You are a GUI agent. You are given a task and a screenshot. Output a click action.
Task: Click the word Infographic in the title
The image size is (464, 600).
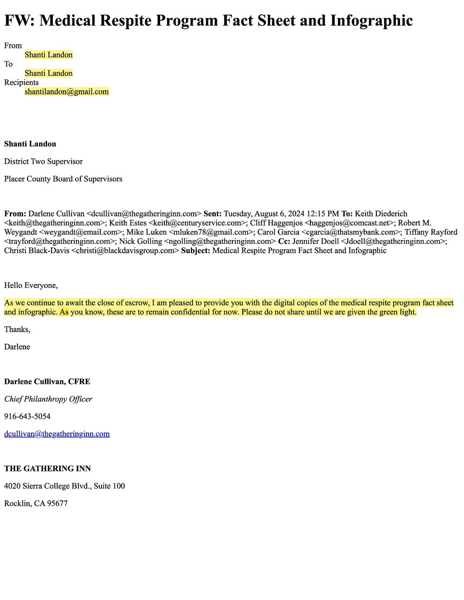pyautogui.click(x=371, y=20)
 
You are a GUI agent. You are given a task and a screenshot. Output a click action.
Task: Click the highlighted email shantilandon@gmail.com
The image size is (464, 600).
pyautogui.click(x=67, y=92)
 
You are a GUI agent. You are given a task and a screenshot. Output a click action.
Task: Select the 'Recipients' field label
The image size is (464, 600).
pyautogui.click(x=21, y=83)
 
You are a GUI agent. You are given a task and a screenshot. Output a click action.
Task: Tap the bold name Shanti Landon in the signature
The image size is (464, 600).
pyautogui.click(x=30, y=144)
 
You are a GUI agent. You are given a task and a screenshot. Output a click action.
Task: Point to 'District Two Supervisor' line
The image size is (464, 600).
pyautogui.click(x=43, y=161)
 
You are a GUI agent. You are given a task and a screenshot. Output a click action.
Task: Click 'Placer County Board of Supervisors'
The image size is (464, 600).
pyautogui.click(x=63, y=179)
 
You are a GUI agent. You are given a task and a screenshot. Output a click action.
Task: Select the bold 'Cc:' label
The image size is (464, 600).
pyautogui.click(x=284, y=242)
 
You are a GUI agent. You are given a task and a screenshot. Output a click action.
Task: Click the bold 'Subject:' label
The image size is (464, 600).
pyautogui.click(x=195, y=251)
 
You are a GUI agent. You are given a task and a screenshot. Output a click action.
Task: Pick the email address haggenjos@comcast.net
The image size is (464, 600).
pyautogui.click(x=347, y=223)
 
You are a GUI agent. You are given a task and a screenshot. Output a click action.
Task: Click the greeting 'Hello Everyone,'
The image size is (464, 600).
pyautogui.click(x=31, y=286)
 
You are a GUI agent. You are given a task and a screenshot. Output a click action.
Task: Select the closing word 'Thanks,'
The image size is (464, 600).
pyautogui.click(x=17, y=330)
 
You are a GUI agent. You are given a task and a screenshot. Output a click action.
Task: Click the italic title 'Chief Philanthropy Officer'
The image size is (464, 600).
pyautogui.click(x=48, y=399)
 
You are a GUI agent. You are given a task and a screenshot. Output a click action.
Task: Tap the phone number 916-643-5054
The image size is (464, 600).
pyautogui.click(x=27, y=416)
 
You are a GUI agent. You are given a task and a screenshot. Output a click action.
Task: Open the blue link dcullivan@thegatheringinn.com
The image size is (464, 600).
pyautogui.click(x=57, y=434)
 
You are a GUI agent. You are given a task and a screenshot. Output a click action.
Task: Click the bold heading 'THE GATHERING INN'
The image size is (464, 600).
pyautogui.click(x=47, y=469)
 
